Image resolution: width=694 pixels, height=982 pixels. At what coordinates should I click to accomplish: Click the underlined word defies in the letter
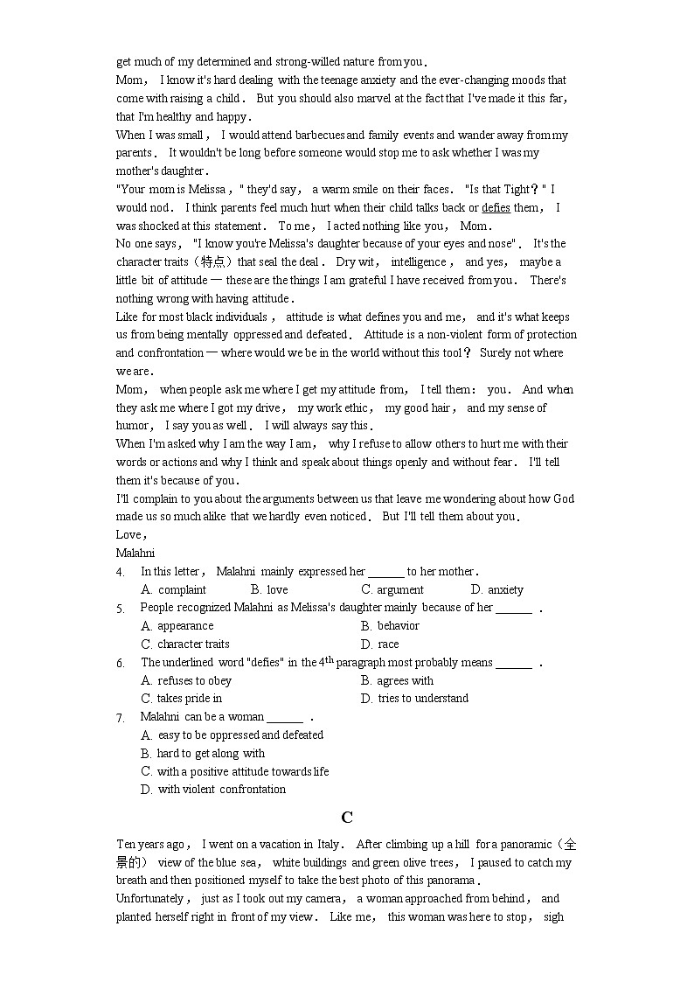(496, 207)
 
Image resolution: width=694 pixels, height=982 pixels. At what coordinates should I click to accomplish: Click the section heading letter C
(347, 818)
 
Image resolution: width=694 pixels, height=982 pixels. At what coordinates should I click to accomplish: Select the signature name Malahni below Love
(135, 553)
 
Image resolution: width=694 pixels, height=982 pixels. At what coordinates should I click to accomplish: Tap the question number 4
(121, 572)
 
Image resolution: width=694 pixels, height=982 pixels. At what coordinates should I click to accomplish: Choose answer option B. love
(269, 590)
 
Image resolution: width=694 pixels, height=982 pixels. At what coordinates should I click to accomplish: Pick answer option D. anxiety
(497, 590)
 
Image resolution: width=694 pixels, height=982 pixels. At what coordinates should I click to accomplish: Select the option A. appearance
(177, 626)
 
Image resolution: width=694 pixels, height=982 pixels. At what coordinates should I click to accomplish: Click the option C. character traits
(185, 644)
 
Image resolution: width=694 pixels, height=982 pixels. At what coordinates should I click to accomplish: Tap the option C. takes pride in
(182, 699)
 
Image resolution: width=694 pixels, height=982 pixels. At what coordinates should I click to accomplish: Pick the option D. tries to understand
(414, 699)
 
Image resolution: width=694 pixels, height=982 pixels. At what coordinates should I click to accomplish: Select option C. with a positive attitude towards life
(235, 771)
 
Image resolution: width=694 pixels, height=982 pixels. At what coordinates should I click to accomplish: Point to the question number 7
(121, 718)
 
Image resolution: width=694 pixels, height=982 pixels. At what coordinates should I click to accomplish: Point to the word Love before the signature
(130, 534)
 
